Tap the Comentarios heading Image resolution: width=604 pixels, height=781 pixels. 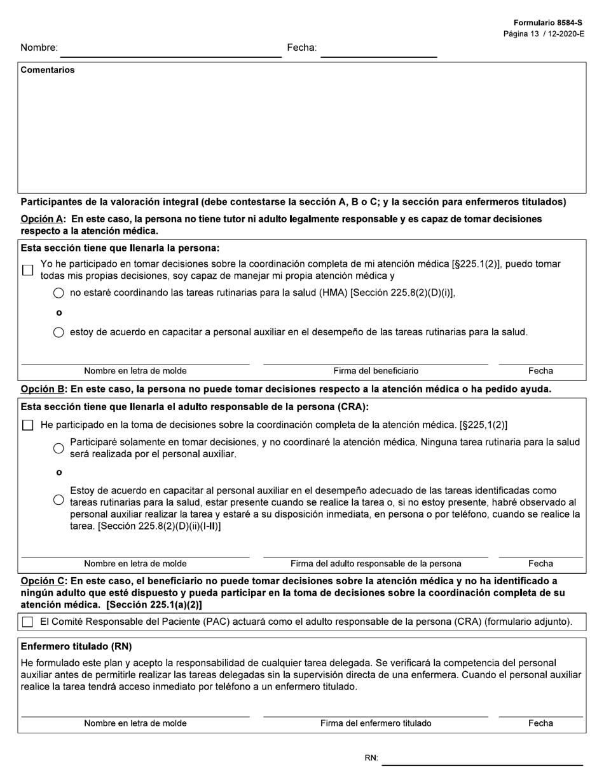[48, 70]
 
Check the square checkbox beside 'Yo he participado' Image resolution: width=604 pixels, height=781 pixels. [27, 270]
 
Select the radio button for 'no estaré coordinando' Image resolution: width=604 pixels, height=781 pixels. [58, 293]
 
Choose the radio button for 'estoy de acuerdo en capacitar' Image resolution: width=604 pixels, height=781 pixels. [58, 332]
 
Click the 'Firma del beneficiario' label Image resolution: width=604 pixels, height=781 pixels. [376, 371]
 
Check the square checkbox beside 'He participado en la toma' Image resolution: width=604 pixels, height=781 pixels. [27, 425]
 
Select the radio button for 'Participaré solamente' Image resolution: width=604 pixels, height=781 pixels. [58, 448]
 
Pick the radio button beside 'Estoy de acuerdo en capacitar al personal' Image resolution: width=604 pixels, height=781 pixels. [58, 500]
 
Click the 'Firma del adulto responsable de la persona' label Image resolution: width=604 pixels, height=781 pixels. [376, 564]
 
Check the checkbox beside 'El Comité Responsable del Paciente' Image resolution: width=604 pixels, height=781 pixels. [27, 622]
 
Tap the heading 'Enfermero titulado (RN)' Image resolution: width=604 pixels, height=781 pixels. [76, 646]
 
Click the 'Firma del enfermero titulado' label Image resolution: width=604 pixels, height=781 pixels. [376, 723]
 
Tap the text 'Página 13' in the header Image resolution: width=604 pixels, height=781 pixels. [520, 34]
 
